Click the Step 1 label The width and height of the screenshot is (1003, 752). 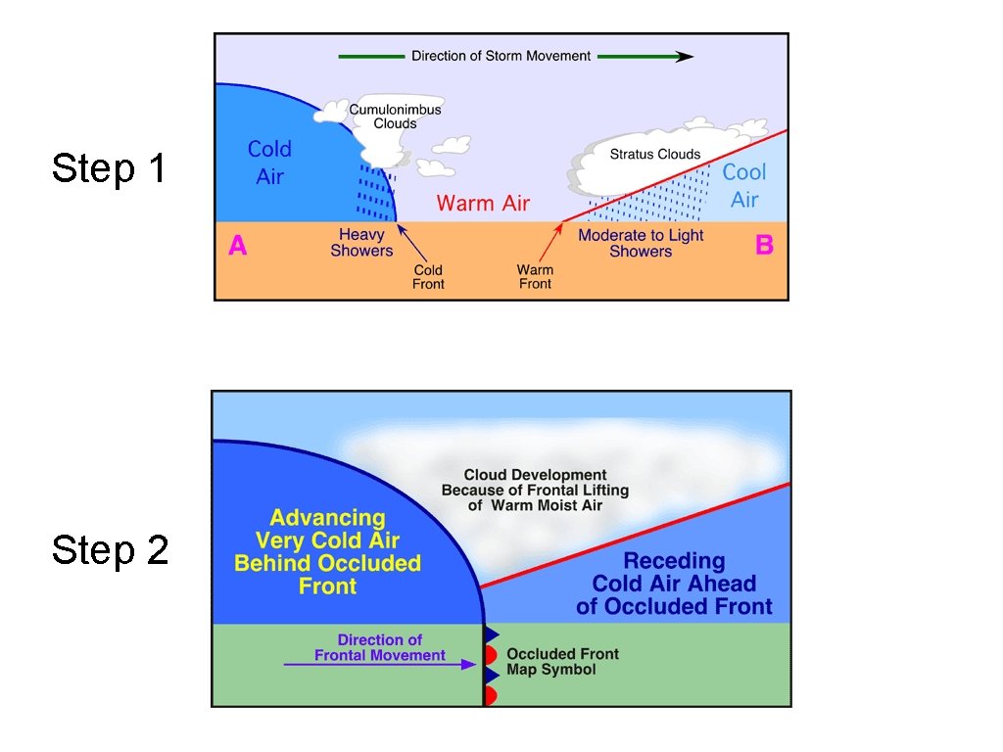click(x=109, y=168)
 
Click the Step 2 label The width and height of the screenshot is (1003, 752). click(x=110, y=550)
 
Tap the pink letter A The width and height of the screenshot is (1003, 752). click(x=238, y=246)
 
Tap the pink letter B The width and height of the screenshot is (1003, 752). click(x=764, y=245)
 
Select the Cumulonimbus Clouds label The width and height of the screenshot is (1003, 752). click(x=396, y=117)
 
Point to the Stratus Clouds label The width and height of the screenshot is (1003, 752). click(x=655, y=154)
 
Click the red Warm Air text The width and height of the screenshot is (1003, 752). click(x=483, y=204)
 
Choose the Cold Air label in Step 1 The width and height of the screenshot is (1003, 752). click(x=269, y=163)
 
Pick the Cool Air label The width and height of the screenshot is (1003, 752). click(x=744, y=185)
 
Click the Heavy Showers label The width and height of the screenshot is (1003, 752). click(x=361, y=242)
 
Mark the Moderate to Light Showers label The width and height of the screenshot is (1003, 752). click(x=641, y=243)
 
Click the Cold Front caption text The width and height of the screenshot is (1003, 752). click(x=428, y=277)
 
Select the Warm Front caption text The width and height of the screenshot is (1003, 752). click(x=535, y=277)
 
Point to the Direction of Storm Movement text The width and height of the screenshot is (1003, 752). click(x=501, y=56)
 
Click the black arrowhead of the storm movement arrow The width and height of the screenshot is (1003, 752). click(x=686, y=57)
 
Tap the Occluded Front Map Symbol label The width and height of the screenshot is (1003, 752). click(x=562, y=662)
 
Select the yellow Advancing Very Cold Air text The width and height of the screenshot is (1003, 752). click(x=327, y=551)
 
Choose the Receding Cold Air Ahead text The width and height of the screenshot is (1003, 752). click(x=674, y=584)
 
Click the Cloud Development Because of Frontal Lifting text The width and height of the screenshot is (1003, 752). click(x=535, y=490)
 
